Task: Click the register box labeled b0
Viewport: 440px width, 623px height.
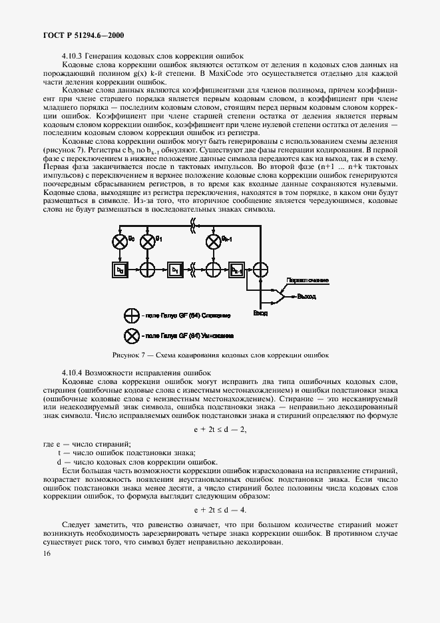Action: (120, 270)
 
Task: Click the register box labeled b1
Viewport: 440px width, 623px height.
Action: (174, 270)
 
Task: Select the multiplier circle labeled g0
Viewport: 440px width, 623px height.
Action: (120, 240)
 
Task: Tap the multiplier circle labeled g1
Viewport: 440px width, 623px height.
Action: (147, 240)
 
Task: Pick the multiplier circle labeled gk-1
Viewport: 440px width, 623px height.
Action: (213, 240)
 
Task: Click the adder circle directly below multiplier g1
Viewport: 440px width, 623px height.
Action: (147, 270)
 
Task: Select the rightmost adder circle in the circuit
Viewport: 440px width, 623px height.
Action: (264, 270)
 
